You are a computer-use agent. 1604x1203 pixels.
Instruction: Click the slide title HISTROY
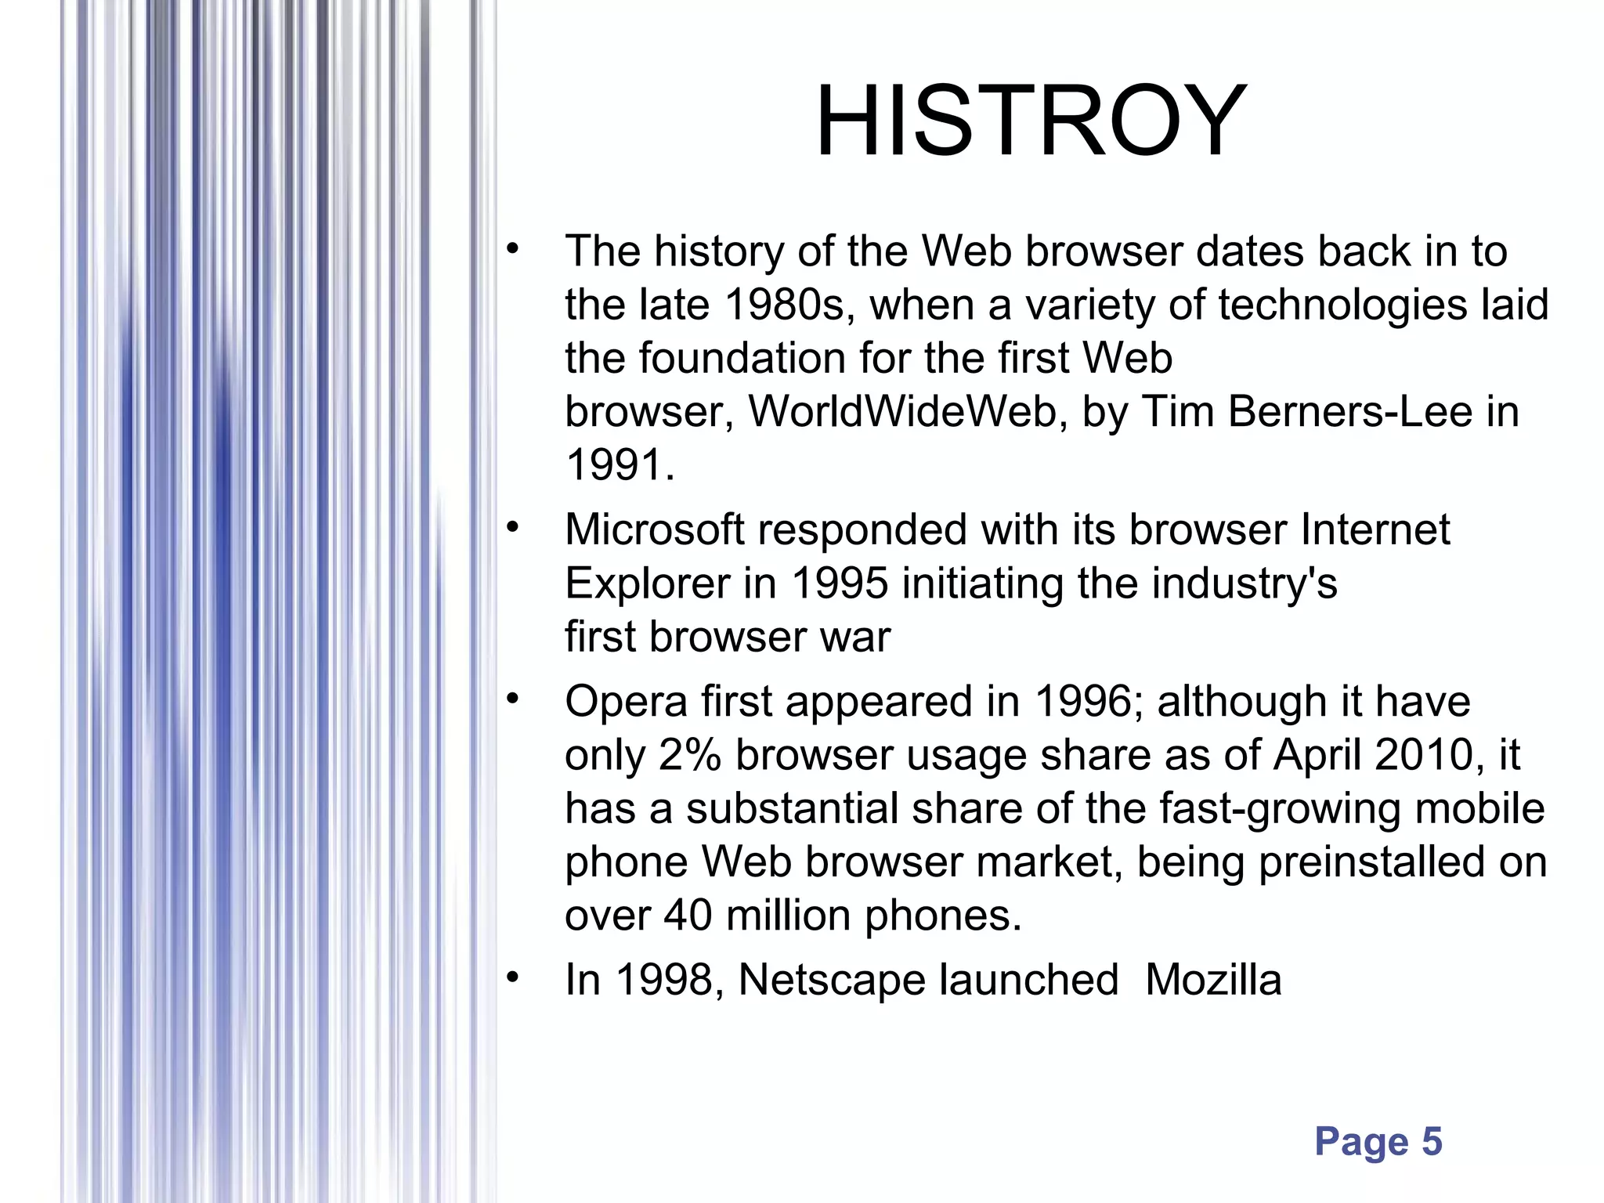coord(1031,122)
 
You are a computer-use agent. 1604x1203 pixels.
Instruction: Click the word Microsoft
coord(654,530)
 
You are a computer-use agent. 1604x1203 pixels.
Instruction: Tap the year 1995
coord(840,584)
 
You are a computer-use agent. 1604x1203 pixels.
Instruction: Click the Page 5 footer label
coord(1378,1141)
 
